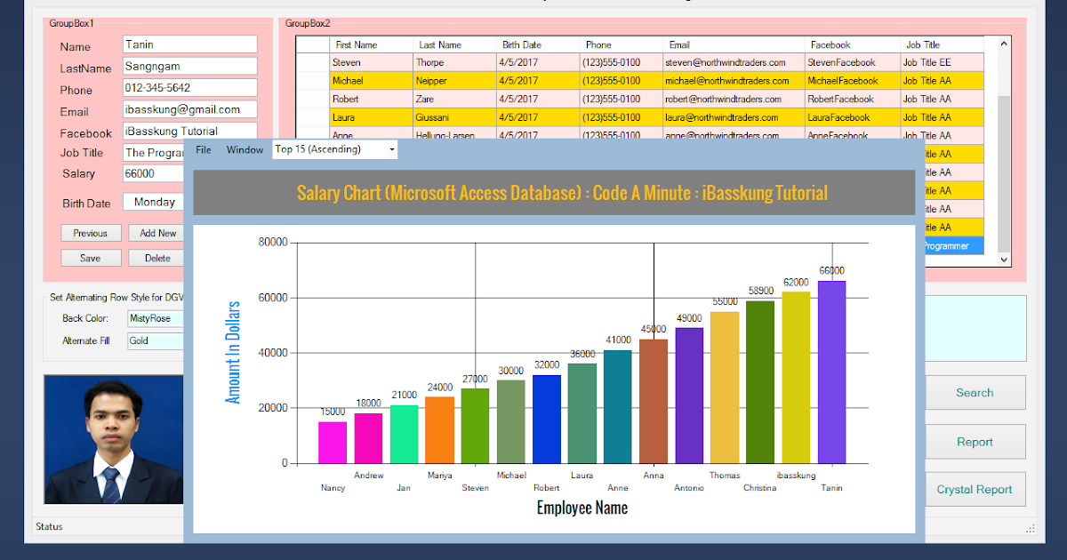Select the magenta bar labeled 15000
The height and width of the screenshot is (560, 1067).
333,442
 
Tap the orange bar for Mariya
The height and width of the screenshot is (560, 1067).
439,429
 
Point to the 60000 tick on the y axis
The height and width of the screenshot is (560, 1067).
272,298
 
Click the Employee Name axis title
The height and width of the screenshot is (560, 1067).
582,508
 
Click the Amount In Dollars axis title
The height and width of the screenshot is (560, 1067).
233,353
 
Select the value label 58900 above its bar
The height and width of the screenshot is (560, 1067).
760,291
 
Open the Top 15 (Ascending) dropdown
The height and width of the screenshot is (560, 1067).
334,149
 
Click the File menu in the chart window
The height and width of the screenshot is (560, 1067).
204,149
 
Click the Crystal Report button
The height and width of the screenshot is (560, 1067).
975,489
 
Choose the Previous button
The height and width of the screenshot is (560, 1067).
91,233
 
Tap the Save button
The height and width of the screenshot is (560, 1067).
91,258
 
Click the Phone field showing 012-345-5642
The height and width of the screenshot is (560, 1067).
189,88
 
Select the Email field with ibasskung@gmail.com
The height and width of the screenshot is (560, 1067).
189,109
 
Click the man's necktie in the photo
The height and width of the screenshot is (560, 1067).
110,485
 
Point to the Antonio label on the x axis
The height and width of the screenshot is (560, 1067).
689,488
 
